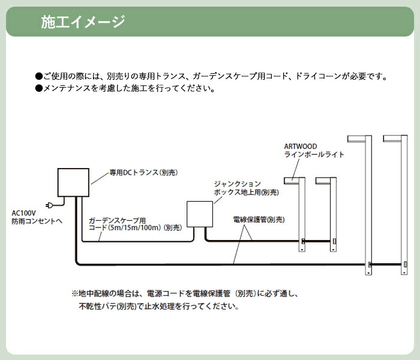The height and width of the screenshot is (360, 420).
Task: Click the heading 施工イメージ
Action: [x=83, y=22]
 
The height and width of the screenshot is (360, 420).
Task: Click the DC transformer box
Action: [x=73, y=182]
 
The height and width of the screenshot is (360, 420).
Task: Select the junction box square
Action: [x=200, y=214]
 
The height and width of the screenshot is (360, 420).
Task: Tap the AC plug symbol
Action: [x=49, y=205]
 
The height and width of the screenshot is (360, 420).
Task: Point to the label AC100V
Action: [x=23, y=213]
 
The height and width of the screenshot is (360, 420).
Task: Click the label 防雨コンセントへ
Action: [x=37, y=221]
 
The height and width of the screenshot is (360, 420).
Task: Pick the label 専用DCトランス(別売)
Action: [x=143, y=173]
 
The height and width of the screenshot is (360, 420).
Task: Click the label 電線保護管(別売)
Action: [x=259, y=220]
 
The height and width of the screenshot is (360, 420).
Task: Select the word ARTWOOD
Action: [x=301, y=146]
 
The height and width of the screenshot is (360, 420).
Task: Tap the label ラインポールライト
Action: [x=314, y=155]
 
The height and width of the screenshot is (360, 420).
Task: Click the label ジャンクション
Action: [x=238, y=184]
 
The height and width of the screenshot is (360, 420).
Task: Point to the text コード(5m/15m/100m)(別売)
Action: [x=135, y=227]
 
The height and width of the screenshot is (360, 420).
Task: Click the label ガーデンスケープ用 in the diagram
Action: [x=117, y=220]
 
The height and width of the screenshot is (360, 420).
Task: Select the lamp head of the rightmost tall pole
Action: [x=392, y=139]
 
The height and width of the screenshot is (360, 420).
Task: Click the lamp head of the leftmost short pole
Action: [x=292, y=181]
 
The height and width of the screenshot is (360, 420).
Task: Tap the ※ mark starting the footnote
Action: [x=75, y=294]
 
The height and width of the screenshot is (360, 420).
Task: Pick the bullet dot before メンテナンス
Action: [x=39, y=88]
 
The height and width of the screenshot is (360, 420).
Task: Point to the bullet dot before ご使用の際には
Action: [x=39, y=76]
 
